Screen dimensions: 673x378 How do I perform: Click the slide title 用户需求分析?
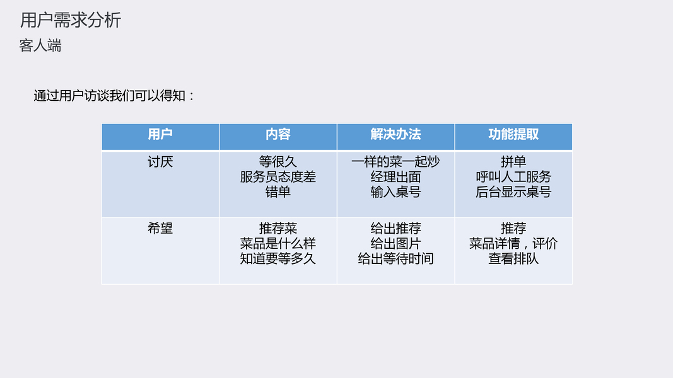tap(71, 20)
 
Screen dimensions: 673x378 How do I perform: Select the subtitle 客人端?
tap(40, 45)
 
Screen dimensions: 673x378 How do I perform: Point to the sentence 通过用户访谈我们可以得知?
tap(110, 96)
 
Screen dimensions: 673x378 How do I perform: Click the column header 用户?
tap(160, 135)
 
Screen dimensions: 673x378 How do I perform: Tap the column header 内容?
tap(278, 135)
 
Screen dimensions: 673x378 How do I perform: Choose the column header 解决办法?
tap(395, 135)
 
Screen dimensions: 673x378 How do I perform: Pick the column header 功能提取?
tap(513, 135)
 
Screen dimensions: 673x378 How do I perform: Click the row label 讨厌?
tap(160, 162)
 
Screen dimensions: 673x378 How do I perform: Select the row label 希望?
tap(160, 229)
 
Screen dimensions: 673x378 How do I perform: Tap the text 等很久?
tap(278, 162)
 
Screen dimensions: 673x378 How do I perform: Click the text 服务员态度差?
tap(278, 177)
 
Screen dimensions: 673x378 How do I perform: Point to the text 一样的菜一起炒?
tap(395, 162)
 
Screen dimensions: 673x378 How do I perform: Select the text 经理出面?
tap(395, 177)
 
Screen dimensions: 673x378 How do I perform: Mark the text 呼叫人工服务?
tap(513, 177)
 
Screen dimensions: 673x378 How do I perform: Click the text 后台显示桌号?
tap(513, 192)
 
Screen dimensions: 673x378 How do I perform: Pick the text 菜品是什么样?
tap(278, 244)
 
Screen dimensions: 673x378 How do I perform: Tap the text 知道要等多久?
tap(278, 259)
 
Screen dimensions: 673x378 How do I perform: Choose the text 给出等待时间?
tap(395, 259)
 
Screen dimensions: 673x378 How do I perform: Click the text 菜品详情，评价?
tap(513, 244)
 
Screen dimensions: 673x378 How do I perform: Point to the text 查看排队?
tap(513, 259)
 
